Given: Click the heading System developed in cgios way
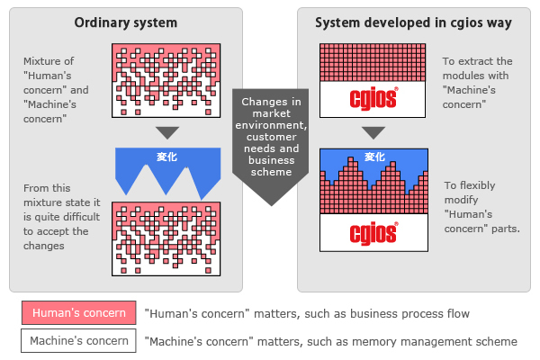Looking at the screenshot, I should pos(413,22).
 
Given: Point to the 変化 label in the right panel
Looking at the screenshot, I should pos(374,157).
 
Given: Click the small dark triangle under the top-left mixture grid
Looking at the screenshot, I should pos(159,133).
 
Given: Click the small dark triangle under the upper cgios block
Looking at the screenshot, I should pos(373,133).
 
